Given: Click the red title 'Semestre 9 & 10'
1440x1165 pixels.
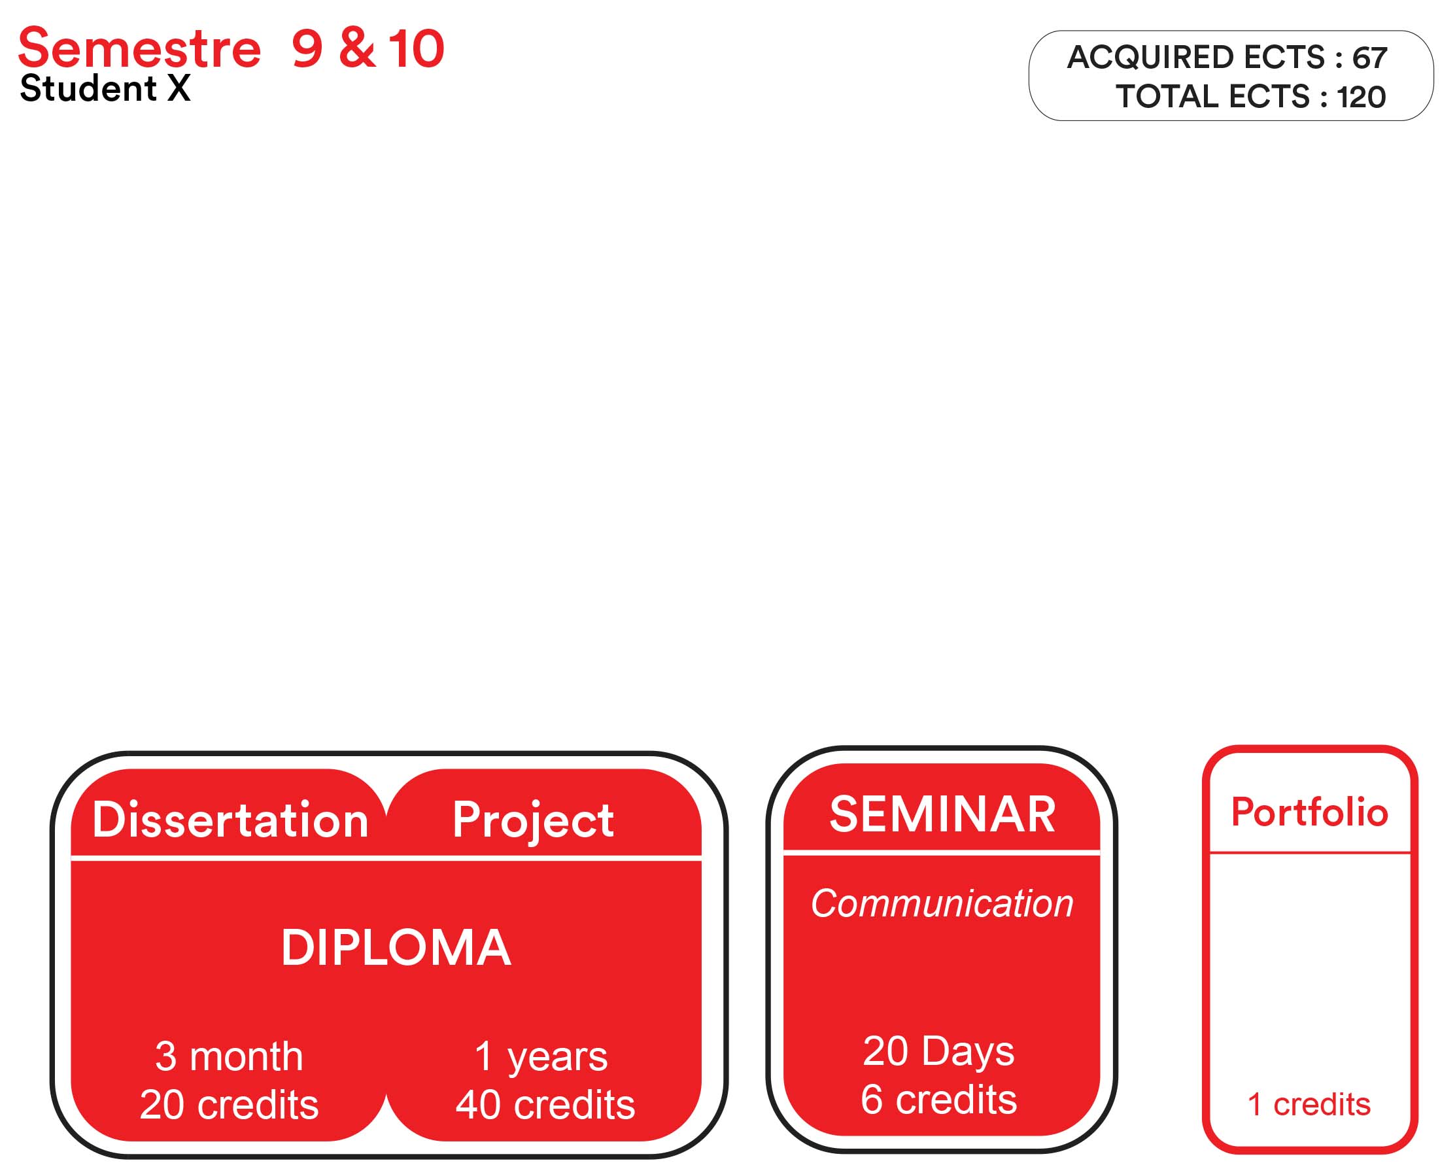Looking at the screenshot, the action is coord(231,48).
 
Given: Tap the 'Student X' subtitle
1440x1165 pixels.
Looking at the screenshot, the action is coord(105,88).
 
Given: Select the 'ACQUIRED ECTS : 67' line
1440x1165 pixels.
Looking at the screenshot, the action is coord(1227,57).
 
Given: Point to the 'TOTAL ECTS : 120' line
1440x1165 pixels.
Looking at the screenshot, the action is coord(1251,97).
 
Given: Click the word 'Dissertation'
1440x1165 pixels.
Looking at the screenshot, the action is coord(230,820).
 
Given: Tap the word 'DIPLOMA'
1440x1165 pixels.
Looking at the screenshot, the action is coord(396,948).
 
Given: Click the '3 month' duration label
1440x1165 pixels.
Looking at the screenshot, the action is coord(229,1056).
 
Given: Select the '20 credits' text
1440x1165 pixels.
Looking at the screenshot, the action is coord(229,1105).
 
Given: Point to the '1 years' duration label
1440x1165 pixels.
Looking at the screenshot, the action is coord(541,1058).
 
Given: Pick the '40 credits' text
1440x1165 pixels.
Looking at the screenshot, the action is coord(545,1105).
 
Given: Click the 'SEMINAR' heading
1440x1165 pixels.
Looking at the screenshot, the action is coord(942,814).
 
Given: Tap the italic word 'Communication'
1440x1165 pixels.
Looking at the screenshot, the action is coord(942,903).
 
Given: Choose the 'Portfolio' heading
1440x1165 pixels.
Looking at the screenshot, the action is coord(1309,812).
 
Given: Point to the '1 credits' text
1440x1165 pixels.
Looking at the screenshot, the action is coord(1309,1105).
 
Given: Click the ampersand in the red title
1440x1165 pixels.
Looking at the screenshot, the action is coord(357,48).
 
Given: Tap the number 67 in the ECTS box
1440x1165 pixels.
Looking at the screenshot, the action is coord(1369,58).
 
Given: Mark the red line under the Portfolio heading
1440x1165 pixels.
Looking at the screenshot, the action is coord(1309,853).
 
